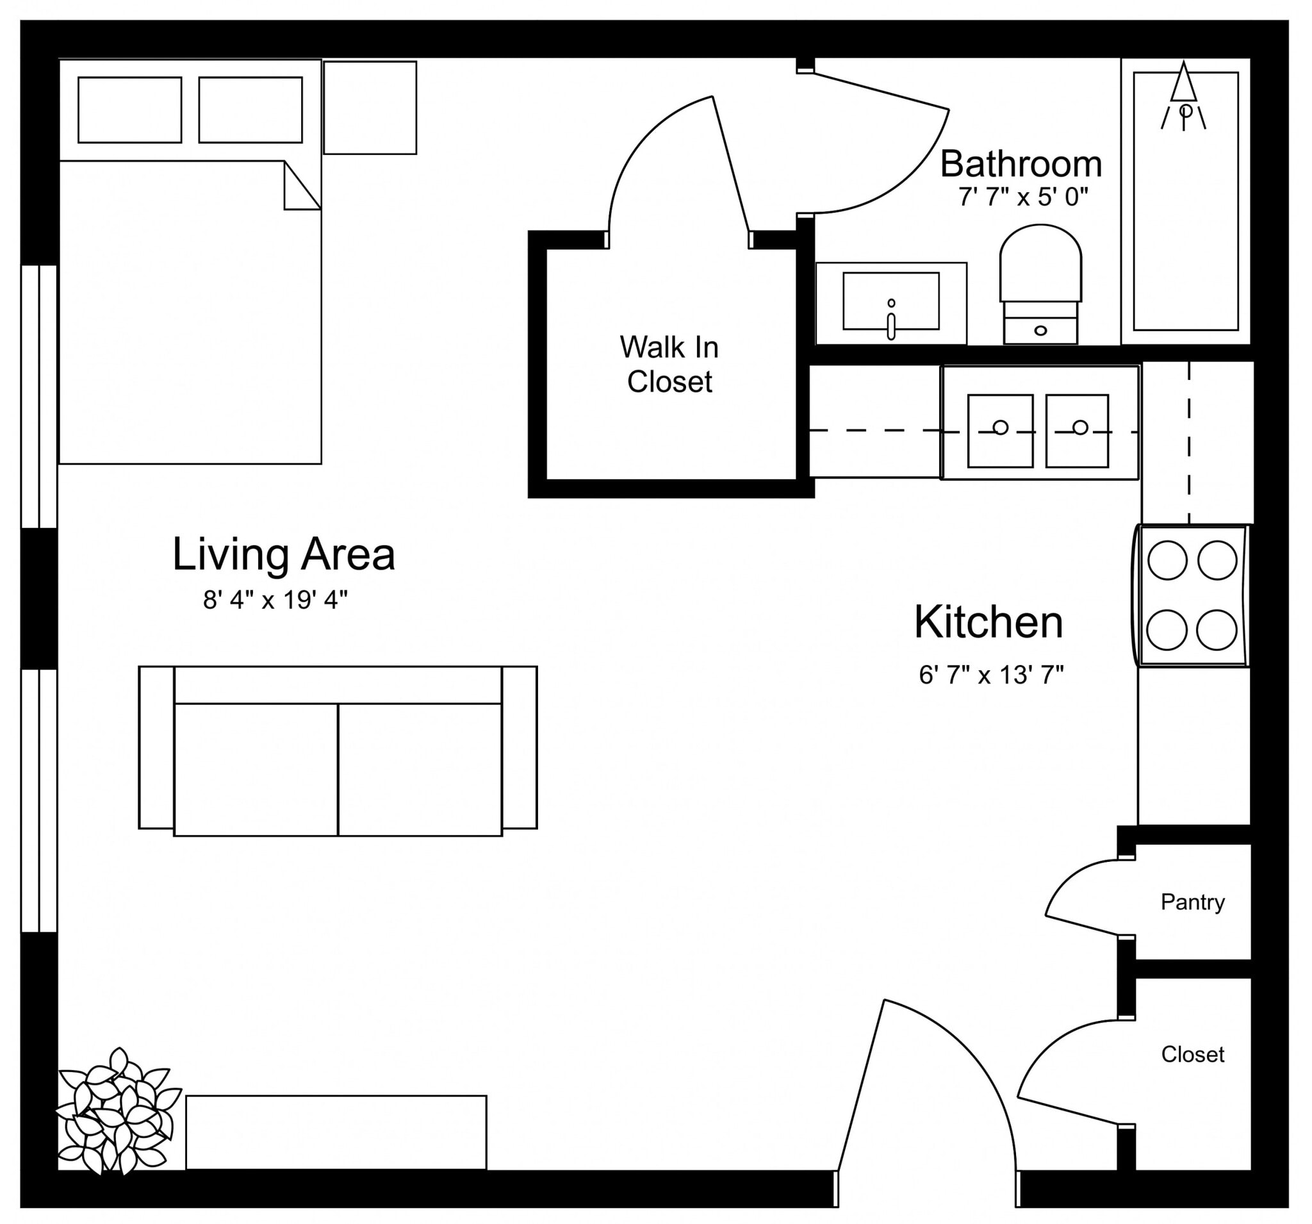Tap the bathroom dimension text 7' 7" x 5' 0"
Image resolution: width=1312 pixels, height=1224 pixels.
tap(1022, 197)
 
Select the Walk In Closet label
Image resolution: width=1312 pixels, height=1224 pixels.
tap(669, 365)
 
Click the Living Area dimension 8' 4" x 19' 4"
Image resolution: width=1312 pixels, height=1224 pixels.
tap(275, 600)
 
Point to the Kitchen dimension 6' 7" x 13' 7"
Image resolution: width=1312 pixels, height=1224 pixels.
tap(990, 675)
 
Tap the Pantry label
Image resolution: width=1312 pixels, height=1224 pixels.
tap(1192, 902)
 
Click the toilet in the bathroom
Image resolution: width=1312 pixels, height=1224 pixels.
tap(1040, 284)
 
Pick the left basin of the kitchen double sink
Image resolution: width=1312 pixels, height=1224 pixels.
tap(1000, 431)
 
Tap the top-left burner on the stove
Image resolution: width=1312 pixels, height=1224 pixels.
tap(1167, 560)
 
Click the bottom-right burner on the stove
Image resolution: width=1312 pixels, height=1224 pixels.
tap(1217, 630)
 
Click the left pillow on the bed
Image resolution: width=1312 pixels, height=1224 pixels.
tap(130, 110)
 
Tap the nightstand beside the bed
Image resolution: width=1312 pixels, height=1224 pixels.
tap(370, 108)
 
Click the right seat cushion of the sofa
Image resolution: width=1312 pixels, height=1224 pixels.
tap(420, 769)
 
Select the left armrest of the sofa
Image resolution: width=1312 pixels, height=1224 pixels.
tap(156, 747)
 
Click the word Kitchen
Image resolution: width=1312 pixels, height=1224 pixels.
tap(988, 622)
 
